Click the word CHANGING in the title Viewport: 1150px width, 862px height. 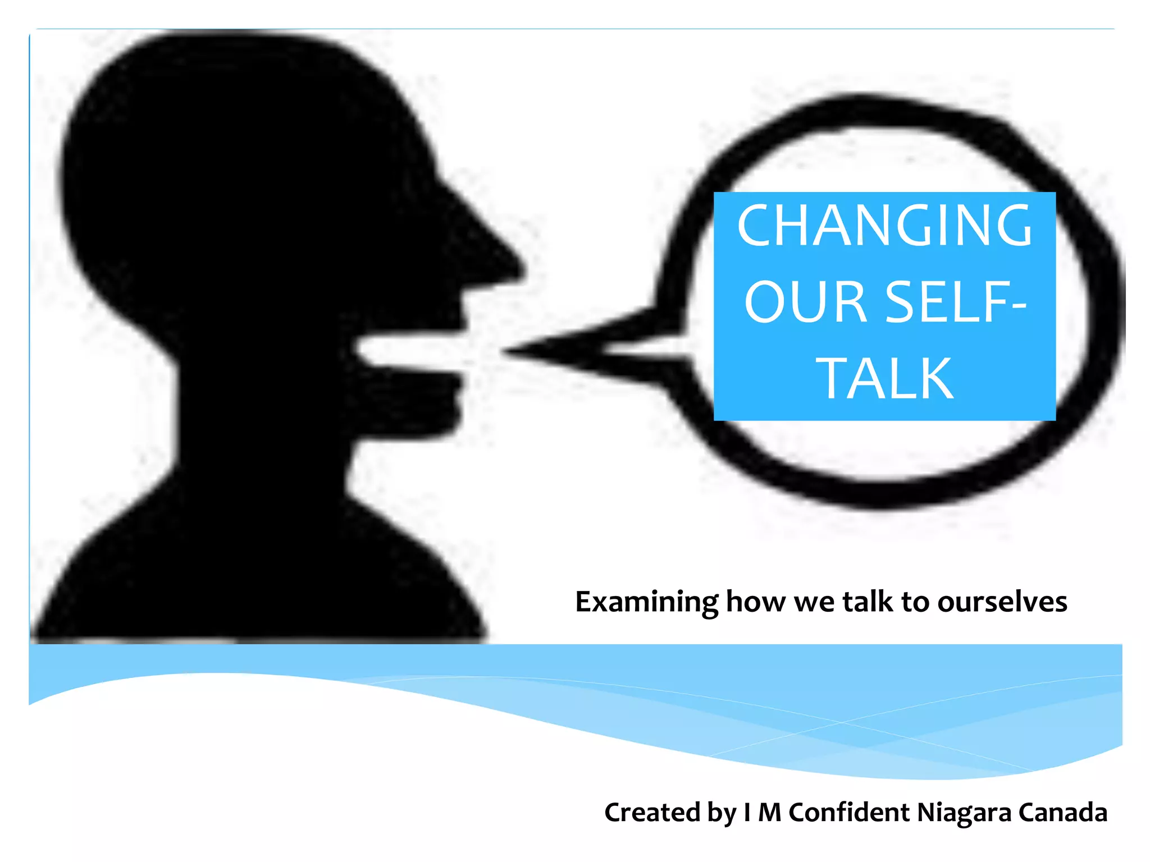pos(884,226)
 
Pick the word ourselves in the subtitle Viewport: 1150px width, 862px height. pos(1002,602)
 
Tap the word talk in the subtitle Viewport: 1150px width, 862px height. pos(868,602)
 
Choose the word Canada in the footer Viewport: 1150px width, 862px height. pos(1062,812)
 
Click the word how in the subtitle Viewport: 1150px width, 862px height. pos(756,602)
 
